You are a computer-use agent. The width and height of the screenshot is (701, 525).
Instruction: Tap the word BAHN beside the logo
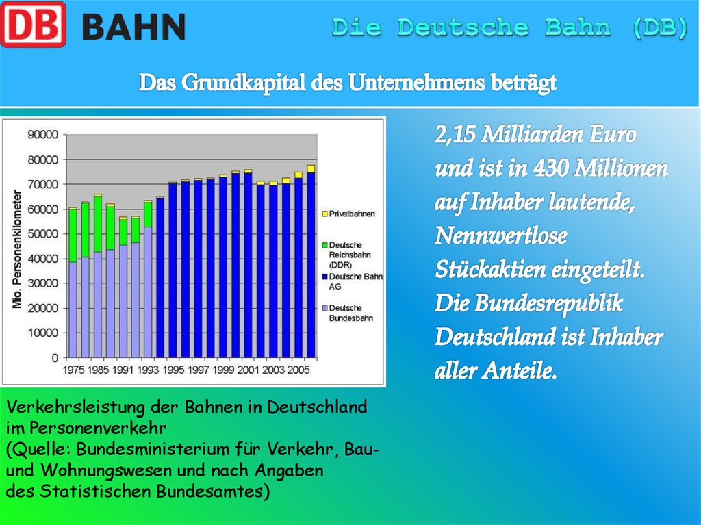tap(133, 27)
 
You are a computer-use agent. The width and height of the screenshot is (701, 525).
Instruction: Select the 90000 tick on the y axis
tap(42, 135)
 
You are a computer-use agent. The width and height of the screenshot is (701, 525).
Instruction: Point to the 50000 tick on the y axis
tap(42, 234)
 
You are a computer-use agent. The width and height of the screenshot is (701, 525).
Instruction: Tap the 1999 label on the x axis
tap(224, 370)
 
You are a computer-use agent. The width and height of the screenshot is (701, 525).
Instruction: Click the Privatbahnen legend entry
tap(352, 214)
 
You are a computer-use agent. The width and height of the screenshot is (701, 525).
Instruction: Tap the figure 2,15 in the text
tap(455, 136)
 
